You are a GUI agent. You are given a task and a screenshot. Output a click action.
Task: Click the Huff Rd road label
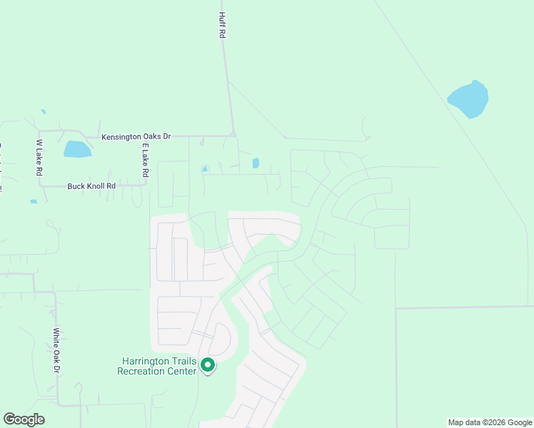tap(222, 26)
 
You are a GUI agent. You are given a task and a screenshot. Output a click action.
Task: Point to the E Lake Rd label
tap(144, 160)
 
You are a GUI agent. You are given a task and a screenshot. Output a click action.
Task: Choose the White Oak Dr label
tap(56, 351)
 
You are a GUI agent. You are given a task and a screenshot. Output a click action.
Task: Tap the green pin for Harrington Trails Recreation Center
tap(208, 365)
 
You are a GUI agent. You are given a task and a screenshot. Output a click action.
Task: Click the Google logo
tap(24, 419)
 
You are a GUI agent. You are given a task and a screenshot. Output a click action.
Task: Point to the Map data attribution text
tap(489, 422)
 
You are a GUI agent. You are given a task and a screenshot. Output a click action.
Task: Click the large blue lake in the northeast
tap(468, 99)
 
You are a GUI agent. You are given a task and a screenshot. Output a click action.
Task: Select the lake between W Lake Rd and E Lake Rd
tap(77, 149)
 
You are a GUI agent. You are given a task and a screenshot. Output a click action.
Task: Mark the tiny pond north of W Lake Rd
tap(44, 112)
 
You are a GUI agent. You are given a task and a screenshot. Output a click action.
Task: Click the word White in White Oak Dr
tap(56, 336)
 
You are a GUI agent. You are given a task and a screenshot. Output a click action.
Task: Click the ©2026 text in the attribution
tap(498, 422)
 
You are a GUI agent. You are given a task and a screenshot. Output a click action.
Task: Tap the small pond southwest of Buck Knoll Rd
tap(34, 202)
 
